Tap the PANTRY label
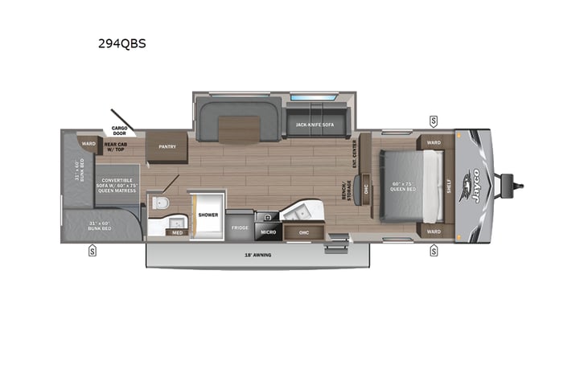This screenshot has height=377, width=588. click(x=167, y=146)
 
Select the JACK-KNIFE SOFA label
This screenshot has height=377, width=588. click(x=315, y=125)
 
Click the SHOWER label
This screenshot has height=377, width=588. click(x=208, y=215)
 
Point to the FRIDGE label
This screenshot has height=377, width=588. click(x=241, y=228)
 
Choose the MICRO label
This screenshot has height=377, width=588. click(x=268, y=232)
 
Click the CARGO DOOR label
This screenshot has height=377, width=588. click(x=119, y=130)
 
